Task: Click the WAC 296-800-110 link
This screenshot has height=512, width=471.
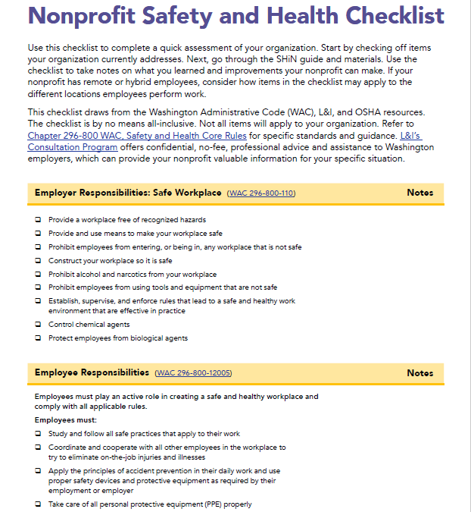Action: pos(261,193)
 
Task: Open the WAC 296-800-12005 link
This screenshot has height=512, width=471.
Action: pos(193,373)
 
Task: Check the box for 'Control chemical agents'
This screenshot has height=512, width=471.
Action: pos(39,325)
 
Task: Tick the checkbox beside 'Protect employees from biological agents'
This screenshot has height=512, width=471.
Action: pos(39,338)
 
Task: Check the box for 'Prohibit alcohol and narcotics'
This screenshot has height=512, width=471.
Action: pos(39,275)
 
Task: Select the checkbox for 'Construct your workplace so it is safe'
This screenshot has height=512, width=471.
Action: pos(39,261)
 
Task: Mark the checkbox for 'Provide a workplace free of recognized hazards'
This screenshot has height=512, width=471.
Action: pos(39,220)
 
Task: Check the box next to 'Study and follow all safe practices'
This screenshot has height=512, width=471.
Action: pos(39,434)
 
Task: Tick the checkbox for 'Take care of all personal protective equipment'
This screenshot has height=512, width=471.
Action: pos(39,504)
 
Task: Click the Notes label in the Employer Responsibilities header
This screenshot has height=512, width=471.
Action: pos(420,193)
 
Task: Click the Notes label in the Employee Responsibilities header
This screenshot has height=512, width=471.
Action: pos(420,373)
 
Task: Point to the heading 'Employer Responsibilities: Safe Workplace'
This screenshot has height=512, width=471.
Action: pos(128,193)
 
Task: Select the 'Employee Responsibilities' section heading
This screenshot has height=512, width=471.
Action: pos(92,372)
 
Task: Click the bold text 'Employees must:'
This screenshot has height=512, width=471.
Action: pos(66,420)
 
